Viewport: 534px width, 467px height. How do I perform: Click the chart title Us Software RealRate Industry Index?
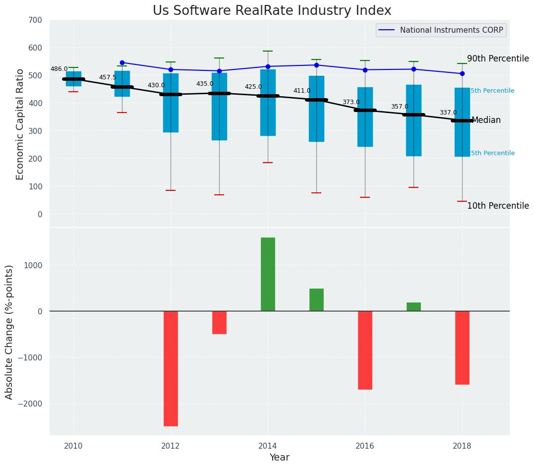[272, 11]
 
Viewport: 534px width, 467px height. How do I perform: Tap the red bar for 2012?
[171, 368]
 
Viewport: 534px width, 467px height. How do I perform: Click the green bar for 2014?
[268, 274]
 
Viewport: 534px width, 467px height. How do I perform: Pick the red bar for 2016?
[365, 350]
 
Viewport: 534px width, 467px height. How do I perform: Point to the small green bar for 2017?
[414, 307]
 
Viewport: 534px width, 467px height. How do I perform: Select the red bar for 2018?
[462, 348]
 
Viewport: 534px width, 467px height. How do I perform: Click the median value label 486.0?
[59, 69]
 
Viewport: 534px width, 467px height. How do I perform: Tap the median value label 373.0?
[351, 102]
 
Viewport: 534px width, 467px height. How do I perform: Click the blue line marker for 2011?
[122, 62]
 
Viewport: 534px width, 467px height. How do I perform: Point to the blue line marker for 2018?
[462, 73]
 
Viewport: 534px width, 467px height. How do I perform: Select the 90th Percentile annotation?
[498, 58]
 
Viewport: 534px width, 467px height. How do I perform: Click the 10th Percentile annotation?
[498, 206]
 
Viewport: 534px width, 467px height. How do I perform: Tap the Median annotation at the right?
[486, 120]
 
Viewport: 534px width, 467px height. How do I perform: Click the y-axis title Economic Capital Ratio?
[20, 124]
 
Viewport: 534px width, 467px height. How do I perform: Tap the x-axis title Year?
[279, 457]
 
